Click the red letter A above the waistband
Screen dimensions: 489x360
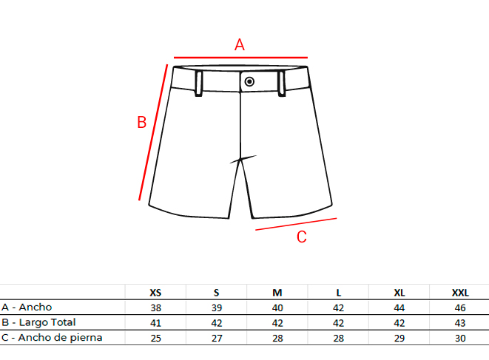point(240,44)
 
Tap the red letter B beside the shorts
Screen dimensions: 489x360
point(142,122)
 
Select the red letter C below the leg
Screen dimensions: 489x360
point(302,237)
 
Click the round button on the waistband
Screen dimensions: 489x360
point(249,81)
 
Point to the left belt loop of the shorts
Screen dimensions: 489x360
point(199,84)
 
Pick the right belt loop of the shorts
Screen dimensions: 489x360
point(281,84)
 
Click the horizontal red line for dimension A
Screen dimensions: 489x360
point(240,58)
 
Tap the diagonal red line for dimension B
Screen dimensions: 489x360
point(153,132)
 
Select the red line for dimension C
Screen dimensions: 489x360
point(296,224)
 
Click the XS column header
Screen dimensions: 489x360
point(155,293)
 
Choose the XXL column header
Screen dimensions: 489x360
point(460,293)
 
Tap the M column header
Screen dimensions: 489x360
point(277,293)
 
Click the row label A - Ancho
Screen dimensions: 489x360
point(27,308)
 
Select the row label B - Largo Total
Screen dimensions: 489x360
point(38,322)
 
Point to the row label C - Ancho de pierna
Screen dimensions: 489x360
point(52,338)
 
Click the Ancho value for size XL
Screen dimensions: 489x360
point(399,308)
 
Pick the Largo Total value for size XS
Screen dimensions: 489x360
point(155,323)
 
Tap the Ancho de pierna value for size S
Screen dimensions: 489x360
point(217,338)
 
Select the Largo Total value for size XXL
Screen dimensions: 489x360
point(460,323)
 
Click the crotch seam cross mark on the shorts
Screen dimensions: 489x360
point(240,160)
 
